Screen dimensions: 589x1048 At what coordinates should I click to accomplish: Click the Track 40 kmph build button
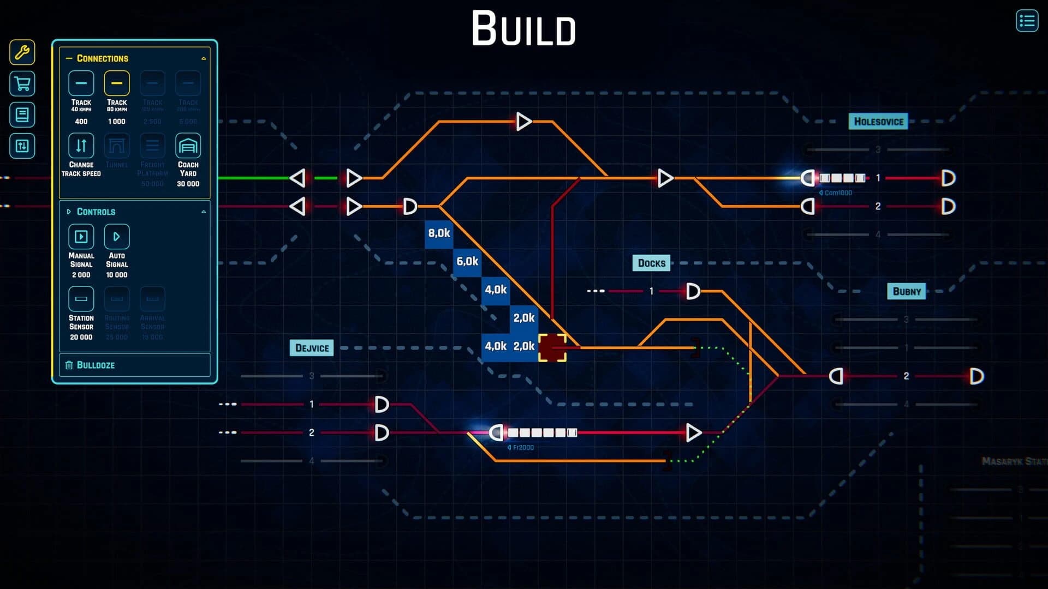click(x=81, y=83)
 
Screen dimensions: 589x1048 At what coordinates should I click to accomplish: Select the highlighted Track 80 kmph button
click(x=116, y=83)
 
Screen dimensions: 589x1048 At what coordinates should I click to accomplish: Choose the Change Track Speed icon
click(x=81, y=146)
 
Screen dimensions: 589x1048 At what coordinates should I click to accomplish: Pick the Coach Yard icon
click(x=188, y=146)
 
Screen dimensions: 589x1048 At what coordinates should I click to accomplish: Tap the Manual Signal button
click(x=81, y=237)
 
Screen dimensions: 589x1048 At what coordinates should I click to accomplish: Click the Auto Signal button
click(x=116, y=237)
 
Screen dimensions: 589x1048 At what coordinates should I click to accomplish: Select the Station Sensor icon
click(x=81, y=299)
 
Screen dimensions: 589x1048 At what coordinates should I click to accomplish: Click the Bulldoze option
click(x=96, y=365)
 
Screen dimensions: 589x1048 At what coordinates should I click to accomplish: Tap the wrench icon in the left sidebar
click(x=22, y=52)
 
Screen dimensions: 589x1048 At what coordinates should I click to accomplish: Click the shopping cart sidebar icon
click(x=22, y=84)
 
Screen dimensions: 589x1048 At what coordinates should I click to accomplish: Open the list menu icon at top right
click(x=1027, y=21)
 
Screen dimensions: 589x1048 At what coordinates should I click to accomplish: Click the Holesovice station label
click(x=878, y=122)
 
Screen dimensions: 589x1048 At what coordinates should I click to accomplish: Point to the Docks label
click(x=651, y=263)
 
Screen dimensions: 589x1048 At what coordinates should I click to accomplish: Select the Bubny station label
click(x=907, y=292)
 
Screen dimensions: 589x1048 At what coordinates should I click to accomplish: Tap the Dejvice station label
click(x=312, y=348)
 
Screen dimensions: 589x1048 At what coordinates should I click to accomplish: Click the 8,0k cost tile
click(x=439, y=233)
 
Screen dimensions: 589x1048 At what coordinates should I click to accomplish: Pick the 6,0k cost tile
click(x=467, y=262)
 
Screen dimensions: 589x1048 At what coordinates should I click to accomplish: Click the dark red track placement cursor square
click(x=552, y=347)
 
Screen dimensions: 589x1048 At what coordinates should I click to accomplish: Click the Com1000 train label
click(x=837, y=193)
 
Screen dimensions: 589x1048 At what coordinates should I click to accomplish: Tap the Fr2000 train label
click(x=522, y=448)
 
